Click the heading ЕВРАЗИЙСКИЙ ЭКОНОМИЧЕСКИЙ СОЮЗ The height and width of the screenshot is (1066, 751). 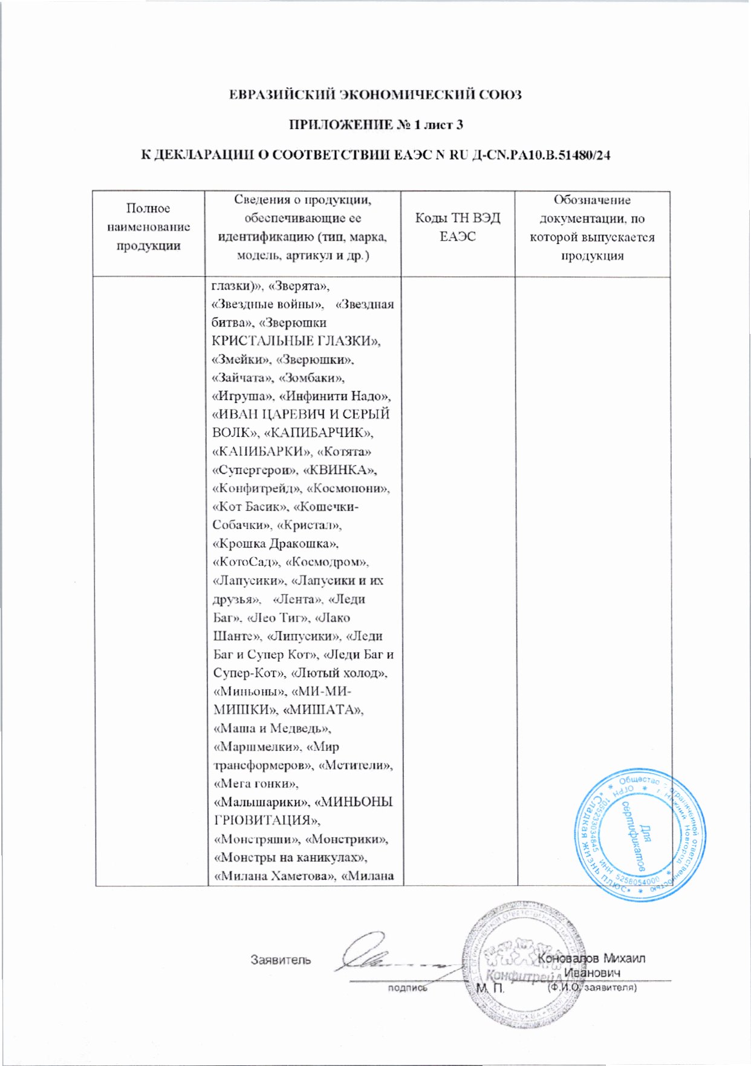tap(375, 95)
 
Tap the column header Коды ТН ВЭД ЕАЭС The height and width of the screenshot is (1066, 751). tap(457, 227)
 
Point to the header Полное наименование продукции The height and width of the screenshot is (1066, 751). tap(148, 227)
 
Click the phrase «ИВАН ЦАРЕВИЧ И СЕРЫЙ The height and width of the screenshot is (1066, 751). tap(301, 414)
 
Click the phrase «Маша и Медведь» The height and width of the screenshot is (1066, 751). tap(272, 728)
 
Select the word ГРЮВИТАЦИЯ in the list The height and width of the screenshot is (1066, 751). tap(266, 821)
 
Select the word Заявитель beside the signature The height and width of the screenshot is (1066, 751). tap(281, 960)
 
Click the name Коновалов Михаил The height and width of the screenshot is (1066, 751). tap(591, 958)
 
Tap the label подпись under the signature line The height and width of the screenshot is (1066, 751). tap(407, 988)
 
